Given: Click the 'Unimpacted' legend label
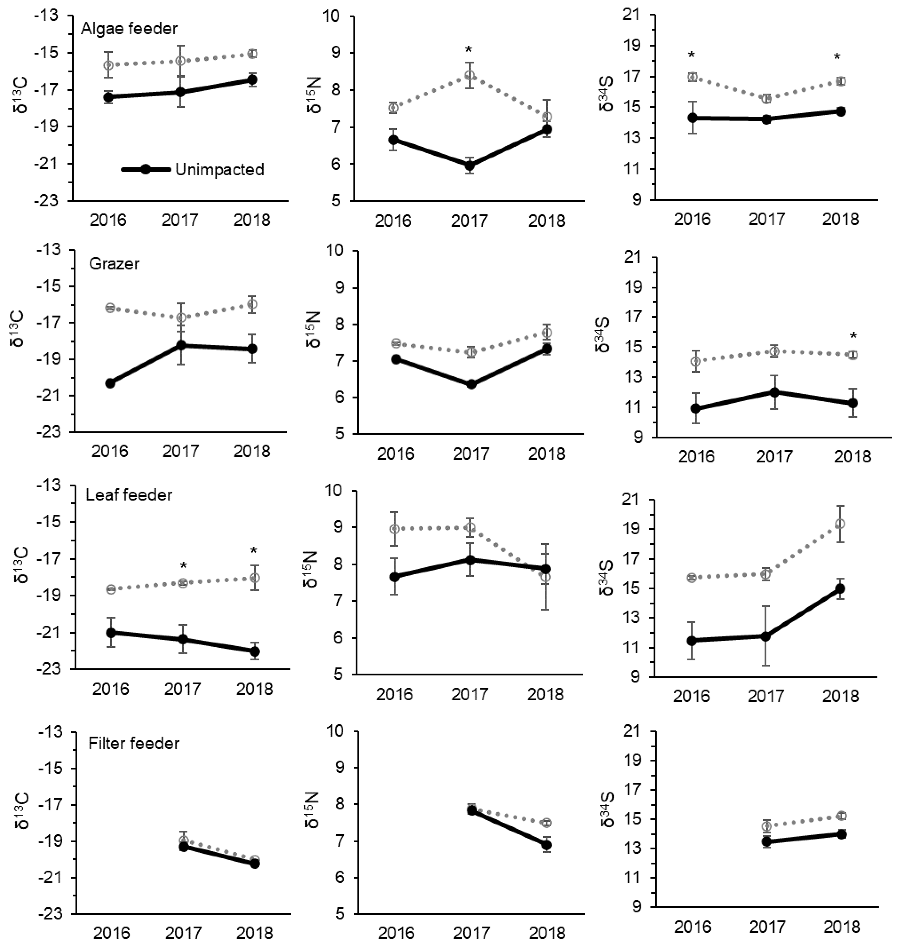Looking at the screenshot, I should click(x=219, y=170).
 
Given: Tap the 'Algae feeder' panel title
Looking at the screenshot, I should click(x=129, y=29).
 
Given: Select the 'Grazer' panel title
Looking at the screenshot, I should click(x=114, y=264).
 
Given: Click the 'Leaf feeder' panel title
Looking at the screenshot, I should click(x=129, y=495).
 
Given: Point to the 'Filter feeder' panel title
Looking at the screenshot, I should click(x=134, y=743).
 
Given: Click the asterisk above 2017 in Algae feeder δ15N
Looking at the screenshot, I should click(x=469, y=50).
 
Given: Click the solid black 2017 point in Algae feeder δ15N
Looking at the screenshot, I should click(x=470, y=166).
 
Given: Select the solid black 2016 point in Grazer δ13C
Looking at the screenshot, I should click(x=110, y=383).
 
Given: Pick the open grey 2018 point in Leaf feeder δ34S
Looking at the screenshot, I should click(x=840, y=524).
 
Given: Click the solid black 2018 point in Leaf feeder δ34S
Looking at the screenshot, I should click(x=840, y=588).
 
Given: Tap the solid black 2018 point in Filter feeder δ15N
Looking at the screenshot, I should click(x=546, y=858).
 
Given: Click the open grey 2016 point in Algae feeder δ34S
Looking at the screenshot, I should click(x=692, y=77).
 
